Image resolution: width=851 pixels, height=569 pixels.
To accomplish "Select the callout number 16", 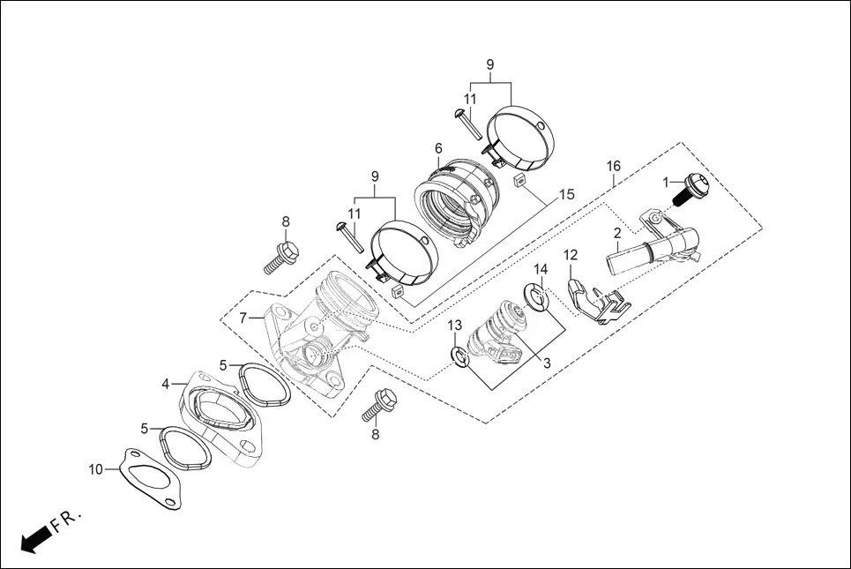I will (x=614, y=166).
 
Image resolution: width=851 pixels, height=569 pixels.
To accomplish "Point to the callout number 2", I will (x=617, y=233).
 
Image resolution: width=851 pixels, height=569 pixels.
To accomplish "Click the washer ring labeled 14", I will (x=535, y=297).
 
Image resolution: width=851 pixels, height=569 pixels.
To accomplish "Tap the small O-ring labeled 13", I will (x=458, y=356).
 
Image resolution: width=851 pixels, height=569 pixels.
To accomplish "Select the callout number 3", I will (x=547, y=362).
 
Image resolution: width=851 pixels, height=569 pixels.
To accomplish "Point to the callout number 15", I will (x=566, y=193).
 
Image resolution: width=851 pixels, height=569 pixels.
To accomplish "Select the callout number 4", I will (x=166, y=384).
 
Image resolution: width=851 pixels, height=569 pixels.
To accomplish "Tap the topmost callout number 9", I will (x=490, y=64).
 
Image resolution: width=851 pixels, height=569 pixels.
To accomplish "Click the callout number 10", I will (x=96, y=468).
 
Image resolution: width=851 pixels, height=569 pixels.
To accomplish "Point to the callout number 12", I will (x=571, y=256).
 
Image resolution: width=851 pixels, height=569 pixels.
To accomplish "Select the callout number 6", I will (x=437, y=147).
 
